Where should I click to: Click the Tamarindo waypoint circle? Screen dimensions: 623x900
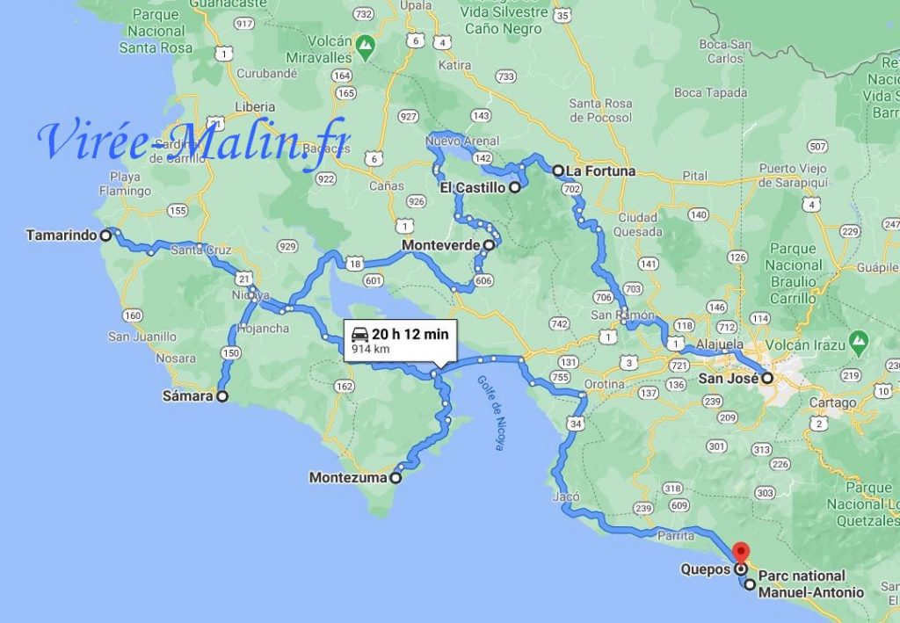(x=105, y=235)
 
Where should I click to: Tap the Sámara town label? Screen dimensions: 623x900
(x=187, y=396)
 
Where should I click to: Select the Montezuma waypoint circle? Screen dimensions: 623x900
(x=396, y=479)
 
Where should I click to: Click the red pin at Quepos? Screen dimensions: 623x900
(x=740, y=554)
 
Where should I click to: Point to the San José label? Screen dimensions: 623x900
(x=729, y=380)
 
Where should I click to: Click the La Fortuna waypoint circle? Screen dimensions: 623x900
(x=557, y=170)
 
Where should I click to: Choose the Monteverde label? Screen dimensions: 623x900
(x=441, y=246)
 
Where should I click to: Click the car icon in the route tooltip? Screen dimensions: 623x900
(x=359, y=334)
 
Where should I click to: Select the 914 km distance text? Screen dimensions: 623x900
(x=371, y=350)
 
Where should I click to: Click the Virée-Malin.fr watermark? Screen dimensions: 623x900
(x=193, y=141)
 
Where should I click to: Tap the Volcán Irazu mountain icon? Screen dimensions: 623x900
(x=860, y=338)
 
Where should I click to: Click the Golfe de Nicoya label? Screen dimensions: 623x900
(x=490, y=413)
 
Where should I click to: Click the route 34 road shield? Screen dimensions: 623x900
(x=577, y=424)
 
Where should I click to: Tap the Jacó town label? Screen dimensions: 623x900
(x=567, y=496)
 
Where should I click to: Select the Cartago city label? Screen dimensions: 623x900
(x=833, y=403)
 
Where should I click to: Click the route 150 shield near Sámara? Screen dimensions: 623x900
(x=231, y=353)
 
